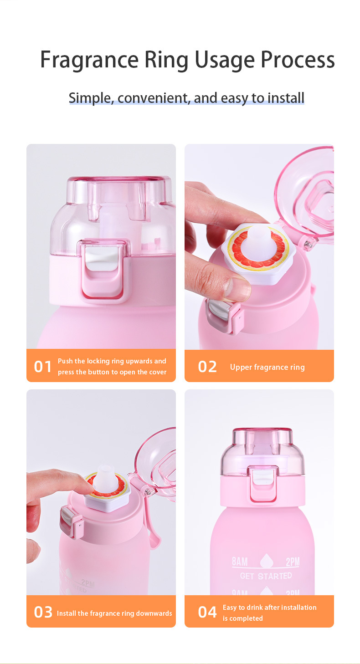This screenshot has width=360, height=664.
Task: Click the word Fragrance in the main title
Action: click(89, 60)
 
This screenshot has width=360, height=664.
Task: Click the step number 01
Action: click(43, 367)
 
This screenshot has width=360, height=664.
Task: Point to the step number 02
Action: click(207, 367)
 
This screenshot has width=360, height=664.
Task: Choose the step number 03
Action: click(43, 612)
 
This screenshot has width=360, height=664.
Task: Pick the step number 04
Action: click(207, 612)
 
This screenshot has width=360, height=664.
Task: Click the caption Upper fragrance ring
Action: click(267, 367)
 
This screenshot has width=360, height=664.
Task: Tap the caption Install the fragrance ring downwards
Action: click(114, 613)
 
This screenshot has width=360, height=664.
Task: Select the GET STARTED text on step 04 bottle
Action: click(266, 576)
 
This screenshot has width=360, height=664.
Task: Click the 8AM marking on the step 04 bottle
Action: click(240, 561)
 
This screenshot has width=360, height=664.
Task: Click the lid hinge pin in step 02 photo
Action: click(309, 245)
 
